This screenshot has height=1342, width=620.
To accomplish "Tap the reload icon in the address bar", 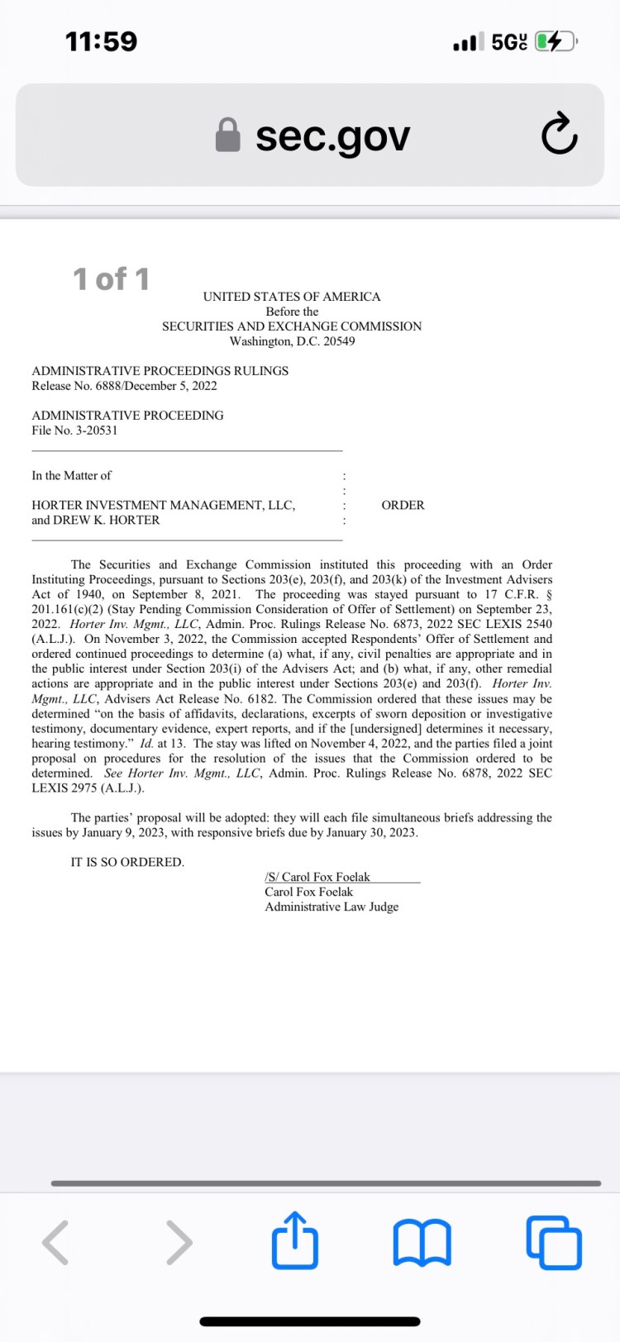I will (x=559, y=134).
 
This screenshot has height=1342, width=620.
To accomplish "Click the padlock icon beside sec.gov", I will (x=227, y=135).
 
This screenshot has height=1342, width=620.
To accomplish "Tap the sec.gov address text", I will (x=332, y=136).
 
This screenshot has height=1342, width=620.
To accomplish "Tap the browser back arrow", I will (x=55, y=1241).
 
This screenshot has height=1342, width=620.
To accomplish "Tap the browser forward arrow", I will (x=179, y=1241).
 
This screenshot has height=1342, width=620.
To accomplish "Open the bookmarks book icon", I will (x=422, y=1241).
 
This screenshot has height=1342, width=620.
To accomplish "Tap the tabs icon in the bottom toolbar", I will (x=554, y=1241).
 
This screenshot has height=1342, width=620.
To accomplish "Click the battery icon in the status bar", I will (x=556, y=41).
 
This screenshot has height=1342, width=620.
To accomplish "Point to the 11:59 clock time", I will (x=101, y=41).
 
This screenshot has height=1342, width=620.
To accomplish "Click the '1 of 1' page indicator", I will (x=112, y=279).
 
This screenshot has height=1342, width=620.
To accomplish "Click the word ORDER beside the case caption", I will (x=403, y=505).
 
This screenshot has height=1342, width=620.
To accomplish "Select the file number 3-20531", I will (x=97, y=431).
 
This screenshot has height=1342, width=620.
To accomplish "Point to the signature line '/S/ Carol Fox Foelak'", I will (x=317, y=877).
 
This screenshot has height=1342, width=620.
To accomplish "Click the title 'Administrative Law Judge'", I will (x=331, y=907).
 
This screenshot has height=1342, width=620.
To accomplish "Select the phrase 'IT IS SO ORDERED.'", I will (x=127, y=862).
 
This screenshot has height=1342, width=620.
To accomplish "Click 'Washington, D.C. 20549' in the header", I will (x=292, y=341).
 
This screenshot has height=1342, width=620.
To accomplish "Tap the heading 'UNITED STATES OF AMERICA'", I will (x=292, y=297).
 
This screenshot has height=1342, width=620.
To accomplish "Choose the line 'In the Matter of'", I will (x=71, y=475).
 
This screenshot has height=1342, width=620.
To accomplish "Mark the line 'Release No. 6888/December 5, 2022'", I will (x=124, y=386).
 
